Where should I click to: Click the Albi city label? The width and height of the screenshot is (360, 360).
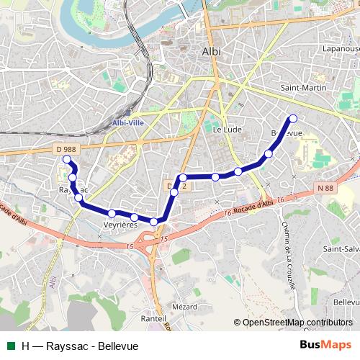(212, 52)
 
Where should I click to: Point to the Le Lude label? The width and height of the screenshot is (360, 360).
(227, 130)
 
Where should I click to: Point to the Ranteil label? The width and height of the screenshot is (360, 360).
(154, 318)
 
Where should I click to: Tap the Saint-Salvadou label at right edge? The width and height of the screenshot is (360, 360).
(341, 248)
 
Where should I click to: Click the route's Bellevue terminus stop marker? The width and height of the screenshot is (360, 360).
(292, 119)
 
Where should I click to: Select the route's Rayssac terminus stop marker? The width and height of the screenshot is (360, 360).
(67, 160)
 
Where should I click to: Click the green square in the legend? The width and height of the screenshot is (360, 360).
(9, 346)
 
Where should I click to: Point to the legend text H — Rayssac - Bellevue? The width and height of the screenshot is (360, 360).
(79, 346)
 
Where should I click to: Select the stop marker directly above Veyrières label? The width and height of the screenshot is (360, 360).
(112, 213)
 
